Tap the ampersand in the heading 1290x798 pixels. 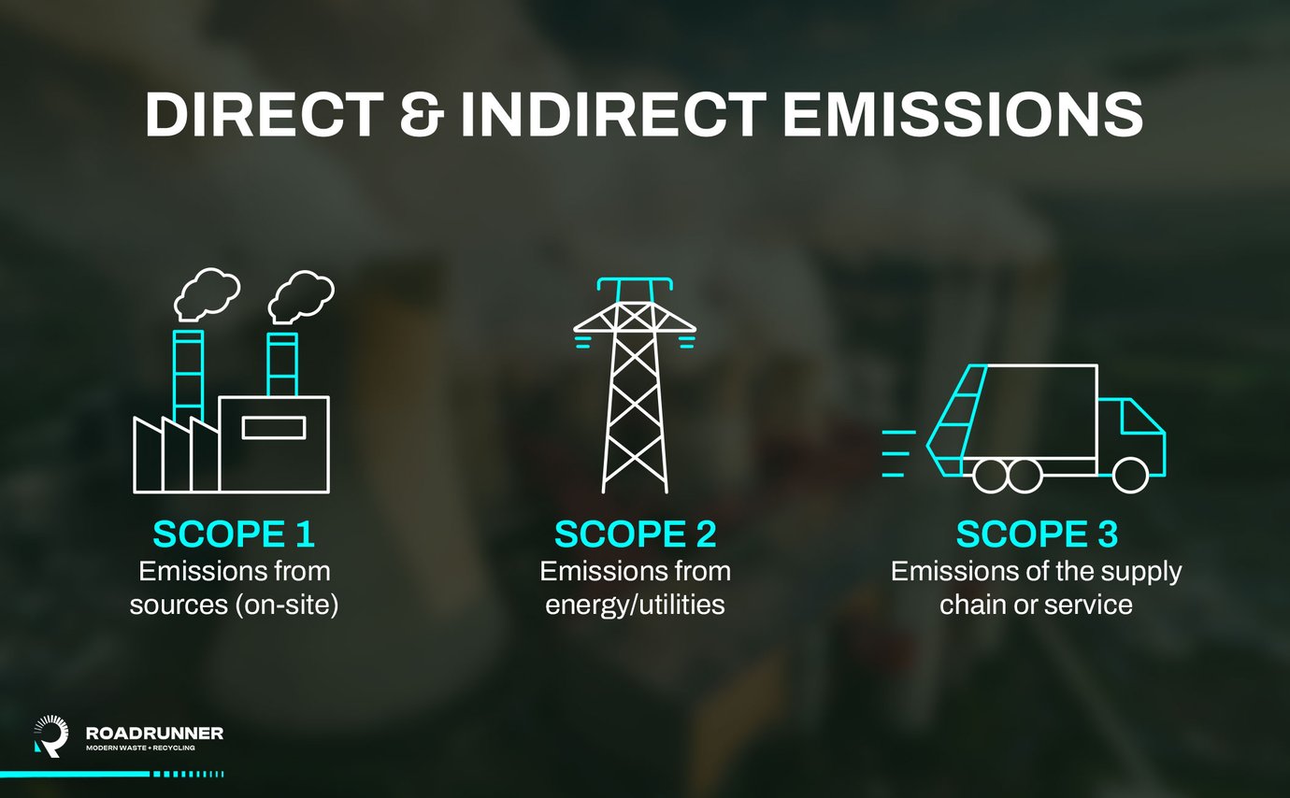click(426, 115)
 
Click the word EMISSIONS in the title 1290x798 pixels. click(963, 115)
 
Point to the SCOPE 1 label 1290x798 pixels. click(234, 534)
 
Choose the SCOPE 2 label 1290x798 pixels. click(635, 534)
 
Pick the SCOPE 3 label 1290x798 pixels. click(1037, 534)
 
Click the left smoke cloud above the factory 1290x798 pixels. click(207, 294)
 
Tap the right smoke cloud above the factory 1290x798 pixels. click(301, 294)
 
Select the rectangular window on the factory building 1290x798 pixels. click(273, 427)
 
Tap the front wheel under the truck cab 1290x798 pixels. click(1130, 475)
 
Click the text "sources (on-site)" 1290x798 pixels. click(234, 605)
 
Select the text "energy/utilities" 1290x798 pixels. click(635, 605)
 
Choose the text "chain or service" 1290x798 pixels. click(1036, 605)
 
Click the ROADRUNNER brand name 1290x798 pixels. click(154, 734)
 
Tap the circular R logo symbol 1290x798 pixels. click(50, 735)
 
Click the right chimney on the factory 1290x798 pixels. click(282, 364)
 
